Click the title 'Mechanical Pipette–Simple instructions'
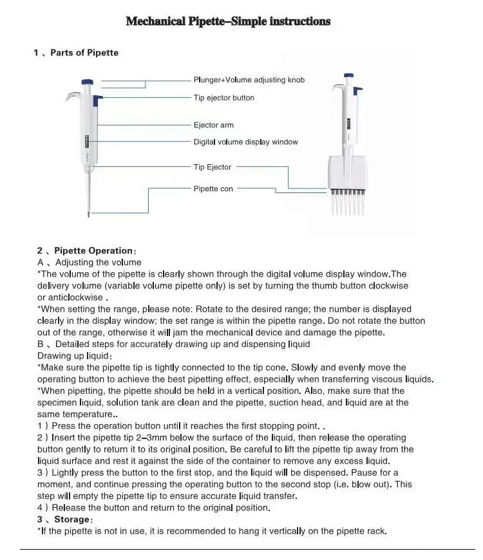[x=228, y=21]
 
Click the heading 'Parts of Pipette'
[x=84, y=53]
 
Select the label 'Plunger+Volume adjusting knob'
[x=249, y=80]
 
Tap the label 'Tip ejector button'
[x=224, y=98]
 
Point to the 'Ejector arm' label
[x=214, y=125]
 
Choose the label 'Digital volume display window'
[x=246, y=142]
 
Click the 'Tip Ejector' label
[x=213, y=167]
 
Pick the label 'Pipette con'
[x=213, y=189]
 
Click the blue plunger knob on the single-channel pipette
[x=87, y=82]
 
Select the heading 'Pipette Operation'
[x=93, y=250]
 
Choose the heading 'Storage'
[x=72, y=519]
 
